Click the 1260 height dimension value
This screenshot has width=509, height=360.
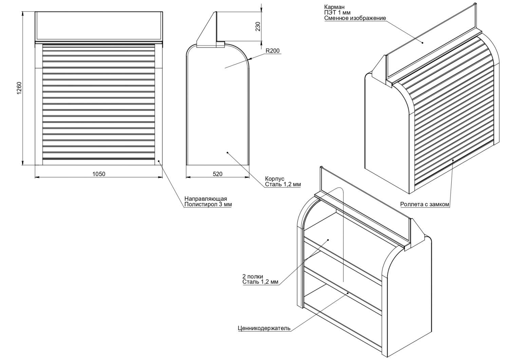click(19, 88)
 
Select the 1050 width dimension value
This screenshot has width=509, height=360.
click(99, 174)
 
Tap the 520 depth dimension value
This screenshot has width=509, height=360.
click(218, 174)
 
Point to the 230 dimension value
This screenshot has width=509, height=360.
click(258, 26)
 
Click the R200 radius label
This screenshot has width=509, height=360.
click(272, 51)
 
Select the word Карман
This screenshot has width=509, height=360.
click(334, 7)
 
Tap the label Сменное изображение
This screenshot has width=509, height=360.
click(355, 18)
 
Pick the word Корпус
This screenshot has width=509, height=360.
click(275, 179)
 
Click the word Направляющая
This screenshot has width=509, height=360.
click(206, 199)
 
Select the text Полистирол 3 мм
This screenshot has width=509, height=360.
click(208, 205)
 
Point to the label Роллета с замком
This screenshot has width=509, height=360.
click(425, 205)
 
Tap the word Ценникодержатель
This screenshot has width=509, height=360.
click(264, 328)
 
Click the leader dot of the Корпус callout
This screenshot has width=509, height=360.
click(227, 153)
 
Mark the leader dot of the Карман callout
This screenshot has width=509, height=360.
click(423, 42)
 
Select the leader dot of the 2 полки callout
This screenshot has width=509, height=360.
click(328, 240)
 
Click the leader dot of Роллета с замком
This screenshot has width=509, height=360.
click(453, 159)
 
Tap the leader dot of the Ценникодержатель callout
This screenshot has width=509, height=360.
click(348, 292)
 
